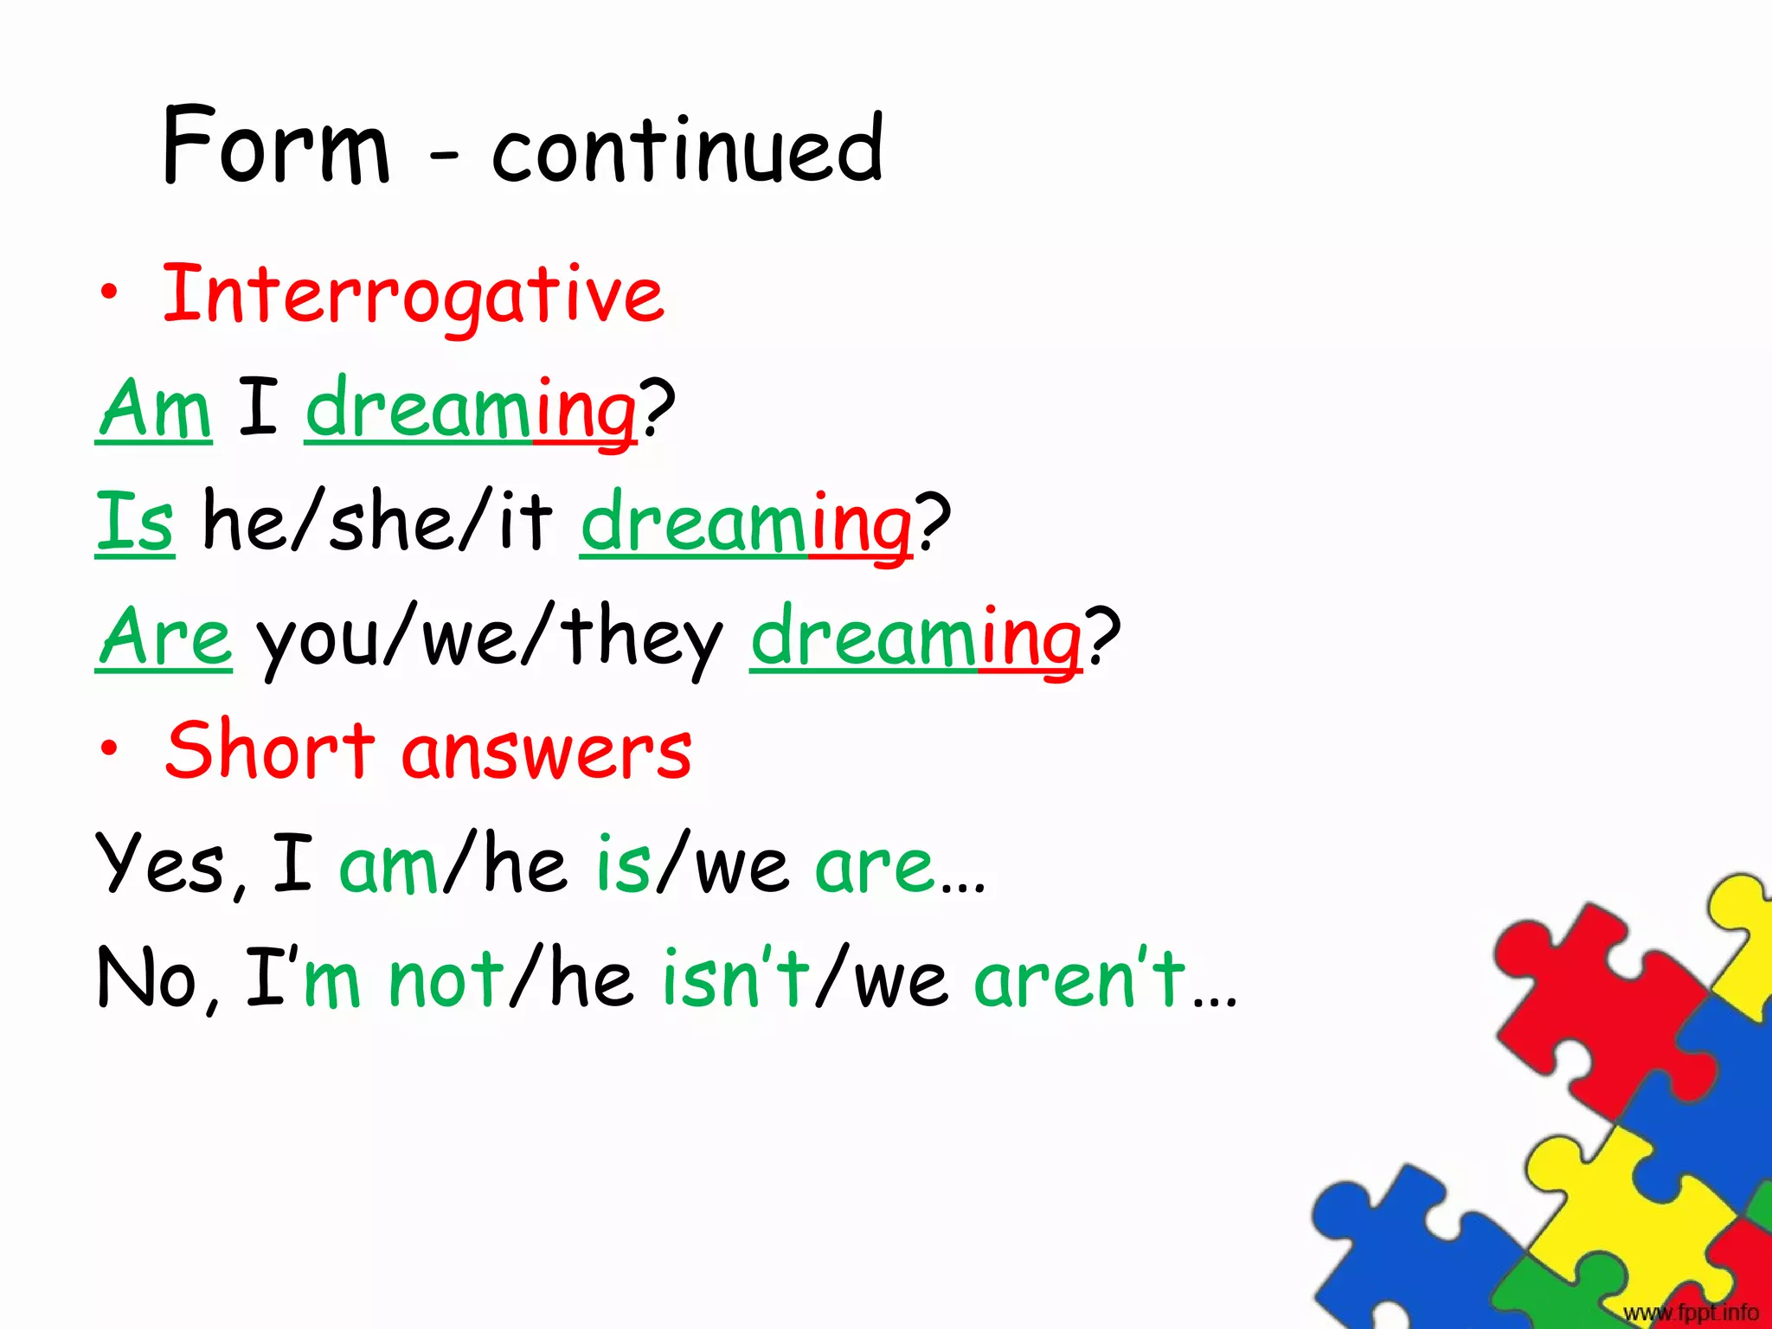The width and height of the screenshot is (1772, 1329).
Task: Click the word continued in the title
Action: (x=688, y=149)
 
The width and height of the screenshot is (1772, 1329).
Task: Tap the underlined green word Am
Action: (x=154, y=408)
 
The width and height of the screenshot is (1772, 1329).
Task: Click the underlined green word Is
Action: (x=135, y=522)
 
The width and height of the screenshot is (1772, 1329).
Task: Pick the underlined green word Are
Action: (x=164, y=637)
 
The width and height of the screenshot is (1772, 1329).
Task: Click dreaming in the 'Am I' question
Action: (x=472, y=410)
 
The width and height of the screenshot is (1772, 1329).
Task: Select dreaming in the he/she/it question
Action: (x=746, y=523)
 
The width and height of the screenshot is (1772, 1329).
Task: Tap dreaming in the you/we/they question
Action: (x=915, y=639)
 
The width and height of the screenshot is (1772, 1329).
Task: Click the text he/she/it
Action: (x=376, y=522)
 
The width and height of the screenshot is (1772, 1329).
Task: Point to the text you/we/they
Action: (x=489, y=639)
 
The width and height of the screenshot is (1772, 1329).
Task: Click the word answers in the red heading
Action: (x=547, y=751)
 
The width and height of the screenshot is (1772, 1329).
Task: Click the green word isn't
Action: (x=735, y=978)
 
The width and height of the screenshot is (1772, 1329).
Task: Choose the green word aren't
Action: (x=1080, y=978)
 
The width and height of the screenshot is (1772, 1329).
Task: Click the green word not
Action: (x=446, y=979)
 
